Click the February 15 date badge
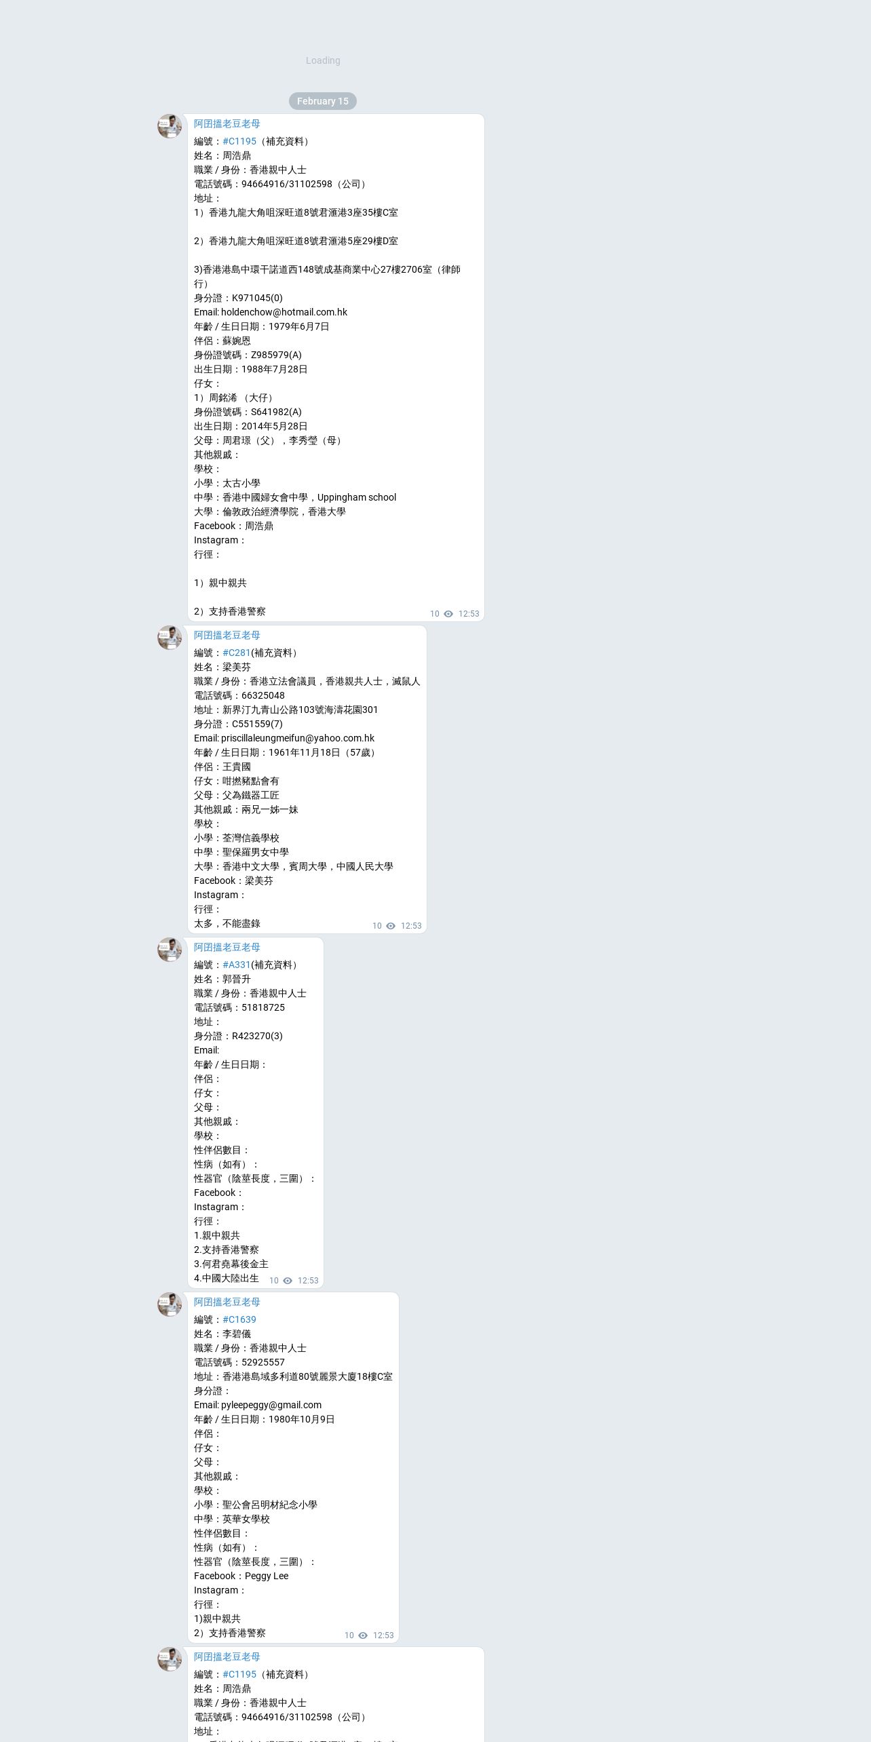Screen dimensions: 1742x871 (x=322, y=101)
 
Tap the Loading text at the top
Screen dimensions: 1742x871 (x=323, y=60)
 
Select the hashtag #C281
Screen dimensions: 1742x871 (x=236, y=653)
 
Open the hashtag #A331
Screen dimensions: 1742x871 (x=236, y=965)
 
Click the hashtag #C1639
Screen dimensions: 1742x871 (x=239, y=1319)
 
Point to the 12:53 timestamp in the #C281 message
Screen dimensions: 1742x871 (x=411, y=926)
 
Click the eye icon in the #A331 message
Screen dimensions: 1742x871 (x=288, y=1281)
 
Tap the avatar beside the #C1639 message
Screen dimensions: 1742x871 (x=170, y=1304)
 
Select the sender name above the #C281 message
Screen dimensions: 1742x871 (x=227, y=635)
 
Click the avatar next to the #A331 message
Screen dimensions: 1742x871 (x=170, y=950)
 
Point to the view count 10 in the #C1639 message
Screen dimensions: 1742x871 (x=349, y=1635)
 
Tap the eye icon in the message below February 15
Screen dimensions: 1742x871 (x=448, y=614)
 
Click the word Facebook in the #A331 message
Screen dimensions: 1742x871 (x=214, y=1193)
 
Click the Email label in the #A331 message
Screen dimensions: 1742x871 (x=206, y=1050)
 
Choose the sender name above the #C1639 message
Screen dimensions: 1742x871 (x=227, y=1302)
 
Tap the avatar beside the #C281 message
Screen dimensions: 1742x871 (x=170, y=638)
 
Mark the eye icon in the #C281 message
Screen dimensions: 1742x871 (x=391, y=926)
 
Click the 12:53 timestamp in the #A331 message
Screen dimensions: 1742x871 (x=308, y=1281)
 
